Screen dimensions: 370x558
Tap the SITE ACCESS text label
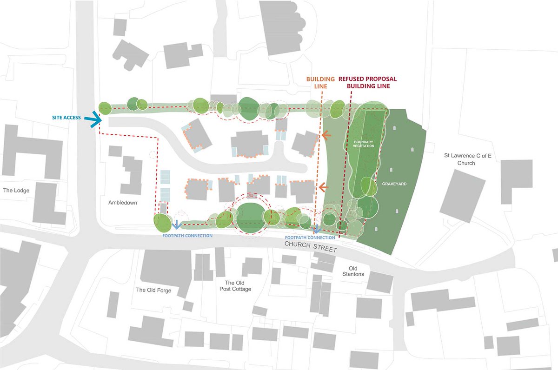(66, 118)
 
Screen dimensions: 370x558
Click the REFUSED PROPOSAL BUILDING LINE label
(367, 83)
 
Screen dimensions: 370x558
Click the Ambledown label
(122, 203)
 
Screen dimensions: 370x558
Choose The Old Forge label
(153, 290)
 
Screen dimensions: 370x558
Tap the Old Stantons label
(357, 271)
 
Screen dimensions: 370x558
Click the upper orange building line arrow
(326, 135)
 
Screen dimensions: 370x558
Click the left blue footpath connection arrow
(177, 225)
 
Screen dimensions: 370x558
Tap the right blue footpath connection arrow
(317, 229)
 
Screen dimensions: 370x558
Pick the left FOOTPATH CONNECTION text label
(187, 236)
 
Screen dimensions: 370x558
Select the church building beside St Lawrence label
(462, 195)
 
